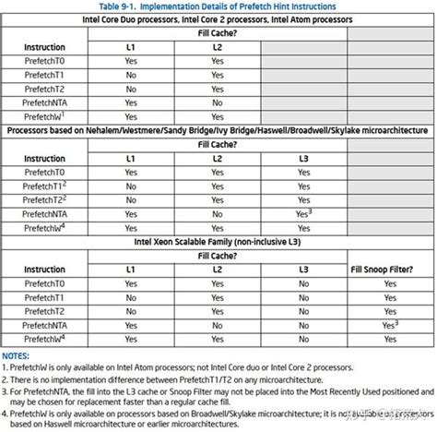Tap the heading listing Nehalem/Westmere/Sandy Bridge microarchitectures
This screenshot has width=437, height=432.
[218, 130]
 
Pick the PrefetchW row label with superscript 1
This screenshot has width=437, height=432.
[44, 117]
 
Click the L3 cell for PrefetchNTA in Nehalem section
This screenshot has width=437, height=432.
[303, 213]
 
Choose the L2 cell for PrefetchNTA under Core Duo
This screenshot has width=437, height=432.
[217, 103]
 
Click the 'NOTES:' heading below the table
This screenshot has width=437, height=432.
[17, 354]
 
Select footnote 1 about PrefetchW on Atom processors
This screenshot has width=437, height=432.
[175, 366]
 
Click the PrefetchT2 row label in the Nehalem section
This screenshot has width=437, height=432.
[44, 199]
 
